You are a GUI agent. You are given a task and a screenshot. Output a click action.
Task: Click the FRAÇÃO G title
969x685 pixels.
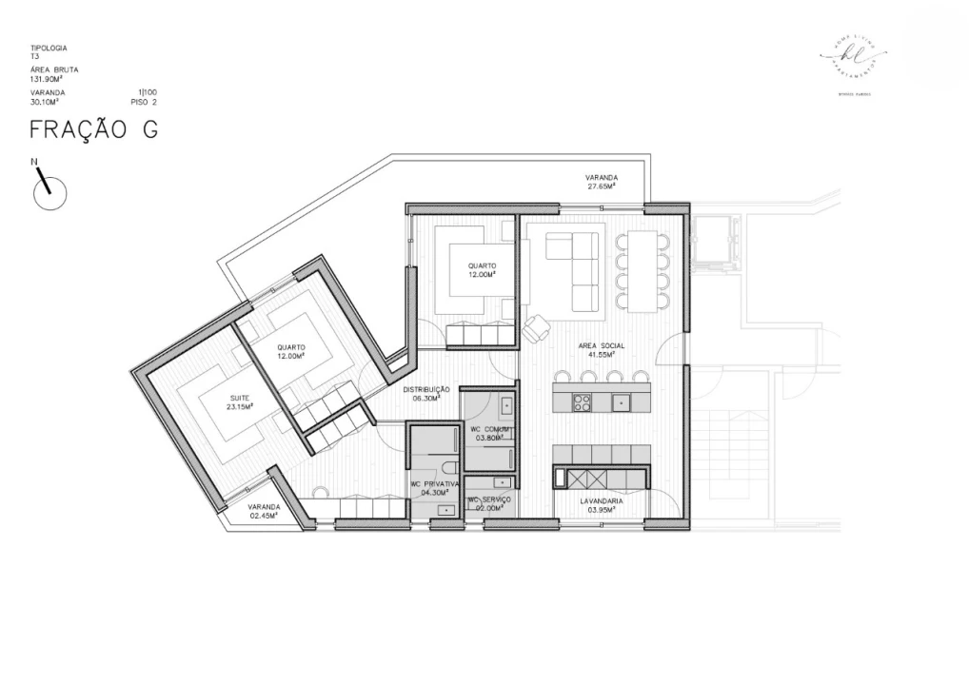coord(93,130)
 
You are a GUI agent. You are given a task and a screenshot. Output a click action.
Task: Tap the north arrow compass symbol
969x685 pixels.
coord(49,191)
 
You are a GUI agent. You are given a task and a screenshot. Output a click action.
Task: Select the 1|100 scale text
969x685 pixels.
coord(147,92)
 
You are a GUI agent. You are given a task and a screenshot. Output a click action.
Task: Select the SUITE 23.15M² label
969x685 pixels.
coord(239,402)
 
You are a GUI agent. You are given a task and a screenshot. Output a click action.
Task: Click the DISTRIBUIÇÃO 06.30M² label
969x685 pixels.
coord(425,394)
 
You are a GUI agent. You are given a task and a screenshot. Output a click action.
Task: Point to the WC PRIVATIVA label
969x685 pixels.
coord(435,488)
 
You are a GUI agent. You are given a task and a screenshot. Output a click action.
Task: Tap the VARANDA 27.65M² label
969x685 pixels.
coord(601,182)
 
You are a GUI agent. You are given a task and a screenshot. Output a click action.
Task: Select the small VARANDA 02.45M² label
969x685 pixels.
coord(263,511)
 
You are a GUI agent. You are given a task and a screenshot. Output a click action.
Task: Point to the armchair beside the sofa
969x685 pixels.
coord(535,327)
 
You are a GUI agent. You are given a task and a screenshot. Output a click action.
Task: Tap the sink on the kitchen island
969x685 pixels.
coord(621,401)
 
